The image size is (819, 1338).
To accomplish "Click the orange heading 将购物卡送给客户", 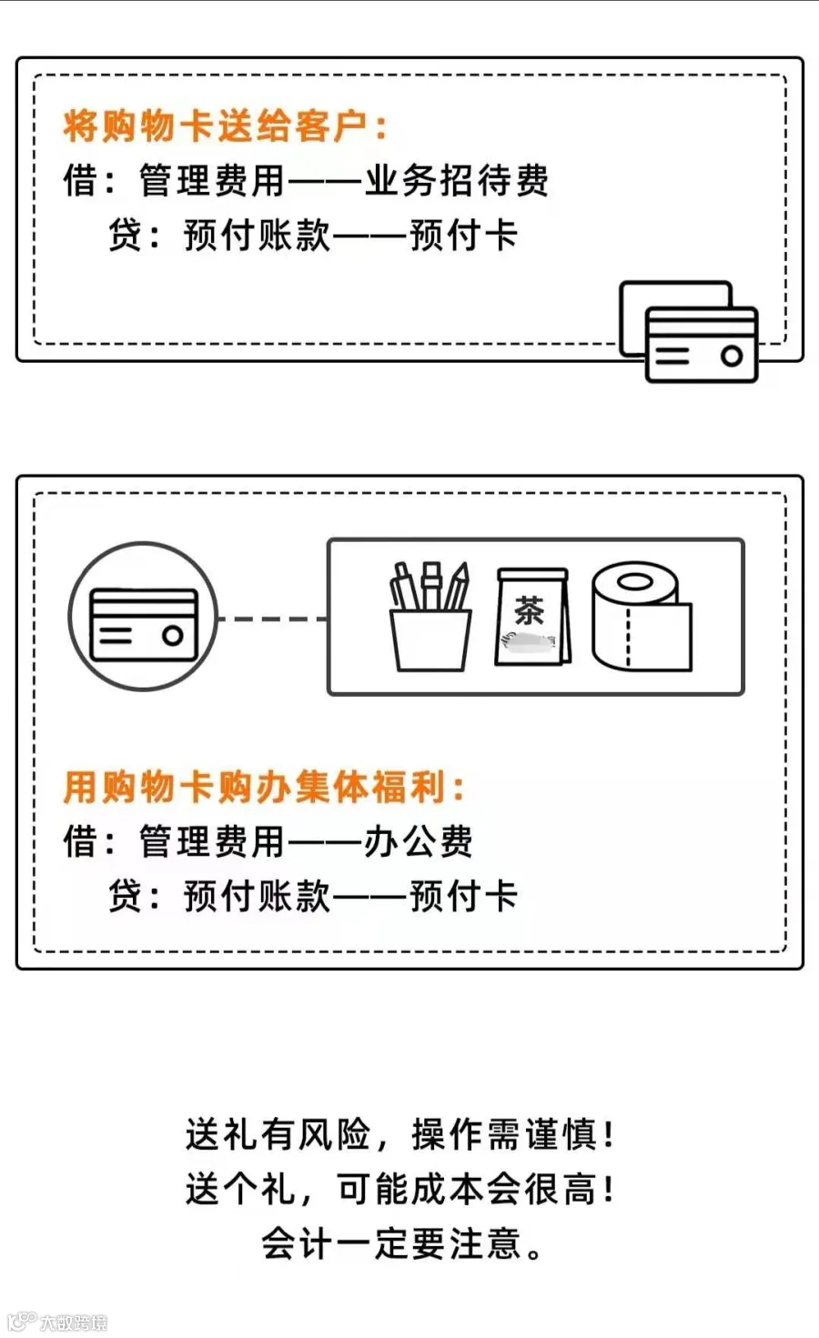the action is [x=223, y=126].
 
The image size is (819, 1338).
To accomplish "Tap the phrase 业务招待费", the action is [x=457, y=181].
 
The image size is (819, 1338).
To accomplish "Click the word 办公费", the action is [x=418, y=841].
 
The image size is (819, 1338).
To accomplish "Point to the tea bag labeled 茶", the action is [x=531, y=618].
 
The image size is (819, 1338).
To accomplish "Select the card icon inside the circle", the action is [x=144, y=624].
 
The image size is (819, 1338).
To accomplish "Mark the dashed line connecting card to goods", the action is [x=273, y=619].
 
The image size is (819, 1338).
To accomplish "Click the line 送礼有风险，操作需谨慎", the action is [x=400, y=1134].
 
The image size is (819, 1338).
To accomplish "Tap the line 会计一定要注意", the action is [x=401, y=1243].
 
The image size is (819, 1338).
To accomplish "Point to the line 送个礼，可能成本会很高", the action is [x=400, y=1189].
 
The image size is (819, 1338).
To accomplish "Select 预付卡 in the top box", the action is [x=464, y=236].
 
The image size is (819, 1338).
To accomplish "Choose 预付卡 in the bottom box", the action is [x=464, y=896].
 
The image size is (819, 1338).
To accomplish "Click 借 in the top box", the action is [x=80, y=181].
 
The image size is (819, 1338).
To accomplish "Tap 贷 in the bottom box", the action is [x=126, y=896].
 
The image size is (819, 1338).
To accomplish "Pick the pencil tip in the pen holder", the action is [x=463, y=572].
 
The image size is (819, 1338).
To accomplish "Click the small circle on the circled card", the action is [x=172, y=636].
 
